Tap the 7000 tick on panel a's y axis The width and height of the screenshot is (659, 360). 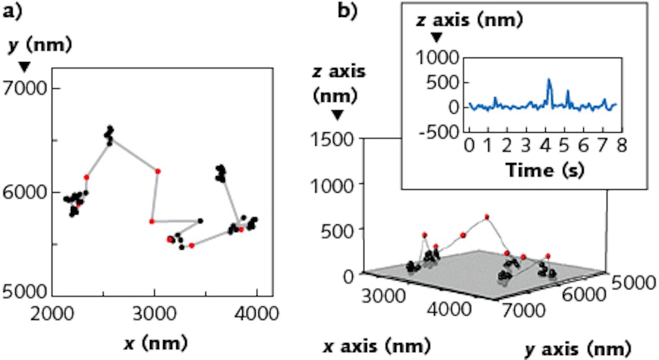pyautogui.click(x=27, y=88)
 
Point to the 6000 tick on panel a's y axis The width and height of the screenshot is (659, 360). pyautogui.click(x=27, y=193)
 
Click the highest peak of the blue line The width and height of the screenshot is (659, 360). pyautogui.click(x=549, y=80)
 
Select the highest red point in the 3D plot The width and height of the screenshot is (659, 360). pyautogui.click(x=487, y=217)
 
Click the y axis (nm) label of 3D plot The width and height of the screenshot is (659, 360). pyautogui.click(x=586, y=347)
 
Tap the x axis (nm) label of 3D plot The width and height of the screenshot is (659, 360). pyautogui.click(x=373, y=346)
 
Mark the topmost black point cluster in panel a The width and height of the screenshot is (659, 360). pyautogui.click(x=110, y=134)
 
